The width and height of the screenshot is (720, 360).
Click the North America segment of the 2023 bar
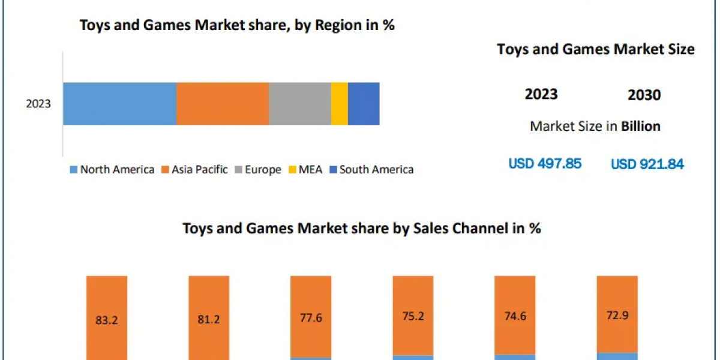119,104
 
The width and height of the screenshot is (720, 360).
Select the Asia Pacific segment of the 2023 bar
222,104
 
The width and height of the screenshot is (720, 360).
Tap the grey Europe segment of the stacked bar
299,104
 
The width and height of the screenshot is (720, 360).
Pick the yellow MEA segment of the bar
339,104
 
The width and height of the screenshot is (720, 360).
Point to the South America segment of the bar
364,104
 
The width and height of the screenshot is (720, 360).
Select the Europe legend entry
257,170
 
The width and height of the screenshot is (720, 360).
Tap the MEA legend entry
307,170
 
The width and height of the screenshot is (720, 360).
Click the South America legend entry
371,170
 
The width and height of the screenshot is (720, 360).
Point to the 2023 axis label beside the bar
38,104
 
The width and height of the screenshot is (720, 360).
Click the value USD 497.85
545,163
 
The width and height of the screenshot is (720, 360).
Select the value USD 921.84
647,164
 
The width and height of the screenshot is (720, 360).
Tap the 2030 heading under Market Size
644,95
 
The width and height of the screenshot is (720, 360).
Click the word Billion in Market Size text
640,126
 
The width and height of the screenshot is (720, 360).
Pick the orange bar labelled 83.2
107,318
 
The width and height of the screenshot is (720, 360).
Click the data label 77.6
310,318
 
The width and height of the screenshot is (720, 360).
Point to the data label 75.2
412,317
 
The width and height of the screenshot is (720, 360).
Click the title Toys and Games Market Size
595,49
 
